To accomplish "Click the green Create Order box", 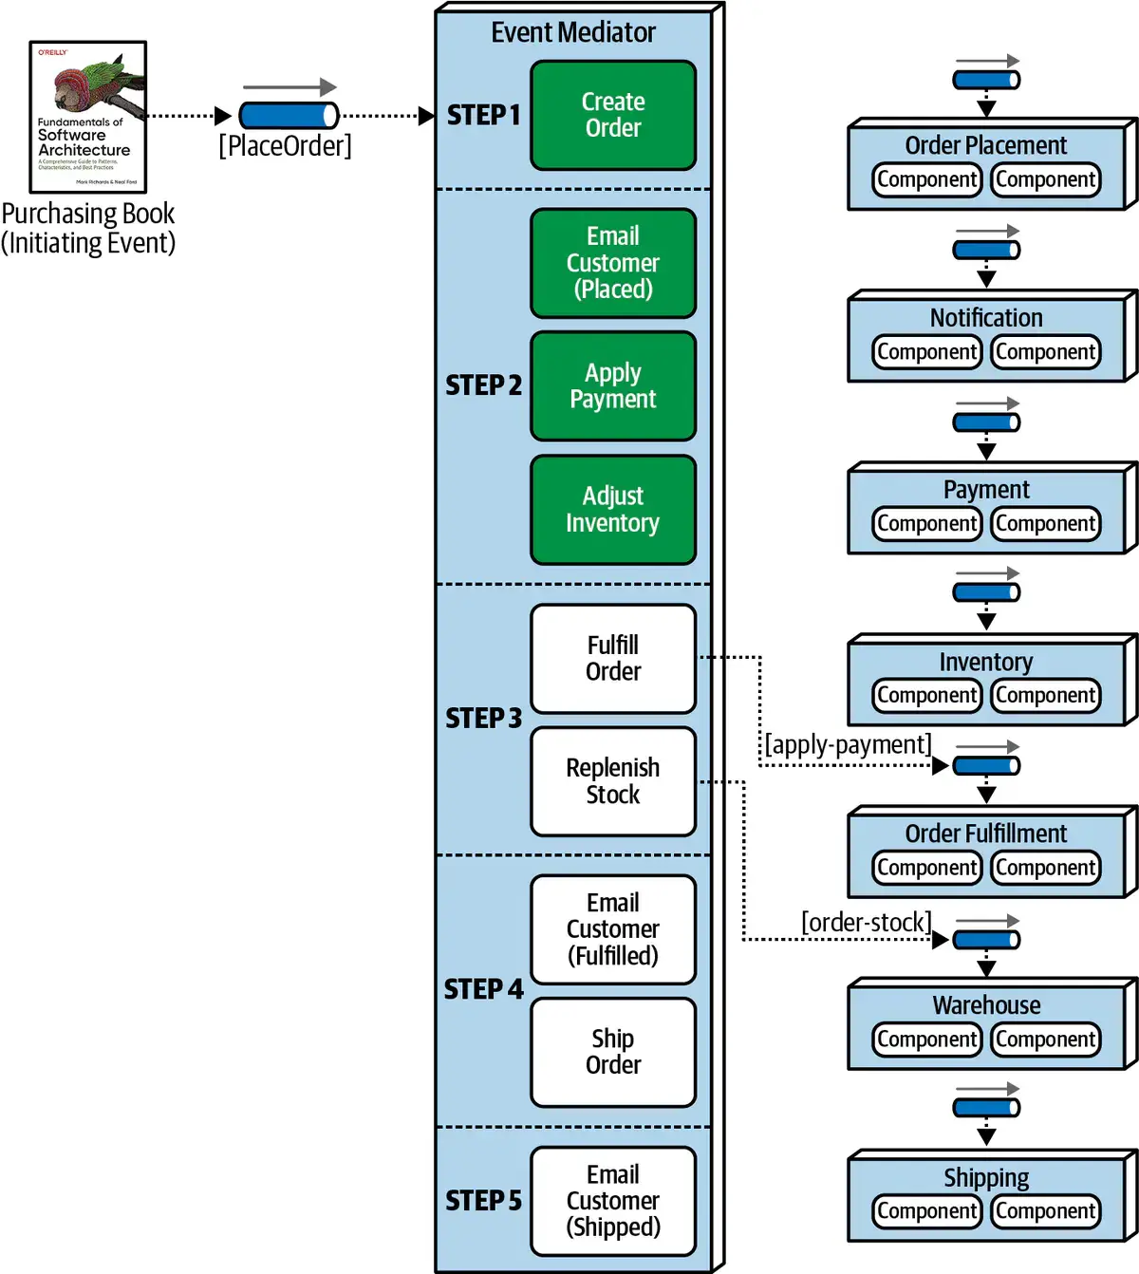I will [x=613, y=115].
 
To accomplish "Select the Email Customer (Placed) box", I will [x=613, y=263].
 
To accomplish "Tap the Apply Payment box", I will [x=613, y=385].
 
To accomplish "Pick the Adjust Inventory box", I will [x=613, y=510].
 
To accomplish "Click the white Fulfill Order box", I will [x=613, y=658].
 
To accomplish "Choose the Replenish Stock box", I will [x=613, y=781].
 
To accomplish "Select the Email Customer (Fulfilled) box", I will [x=613, y=929].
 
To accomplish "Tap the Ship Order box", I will [x=613, y=1052].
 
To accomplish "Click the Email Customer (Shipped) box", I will [x=613, y=1201].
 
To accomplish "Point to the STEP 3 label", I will [x=483, y=719].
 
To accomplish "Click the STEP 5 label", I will [x=483, y=1201].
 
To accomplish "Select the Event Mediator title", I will [x=573, y=32].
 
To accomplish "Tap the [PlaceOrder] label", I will [x=285, y=146].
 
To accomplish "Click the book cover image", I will [x=88, y=117].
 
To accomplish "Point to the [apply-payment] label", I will [x=848, y=744].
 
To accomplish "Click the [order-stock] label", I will [x=866, y=922].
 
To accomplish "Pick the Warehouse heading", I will [x=986, y=1004].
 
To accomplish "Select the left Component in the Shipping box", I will [x=926, y=1211].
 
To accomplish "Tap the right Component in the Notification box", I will [x=1045, y=352].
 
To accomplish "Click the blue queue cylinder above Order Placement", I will [x=986, y=80].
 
